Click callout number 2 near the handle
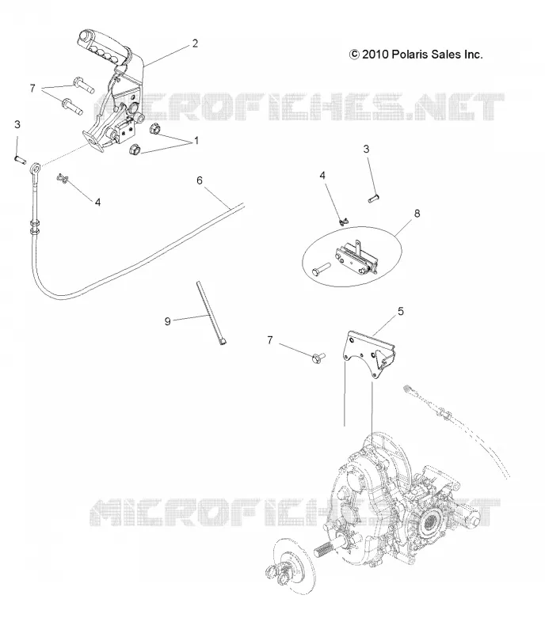[x=195, y=44]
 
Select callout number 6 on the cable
[x=200, y=180]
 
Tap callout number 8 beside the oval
[x=417, y=213]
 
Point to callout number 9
[x=167, y=321]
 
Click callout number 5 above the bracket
[x=401, y=311]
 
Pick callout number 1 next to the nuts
[x=196, y=141]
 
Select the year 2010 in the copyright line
[x=375, y=54]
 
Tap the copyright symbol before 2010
[x=354, y=54]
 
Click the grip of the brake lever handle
[x=101, y=47]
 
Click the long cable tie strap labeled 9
[x=212, y=313]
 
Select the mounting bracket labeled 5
[x=367, y=354]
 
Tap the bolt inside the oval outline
[x=322, y=268]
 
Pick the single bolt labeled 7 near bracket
[x=318, y=357]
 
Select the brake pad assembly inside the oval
[x=356, y=258]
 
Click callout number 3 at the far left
[x=17, y=124]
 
